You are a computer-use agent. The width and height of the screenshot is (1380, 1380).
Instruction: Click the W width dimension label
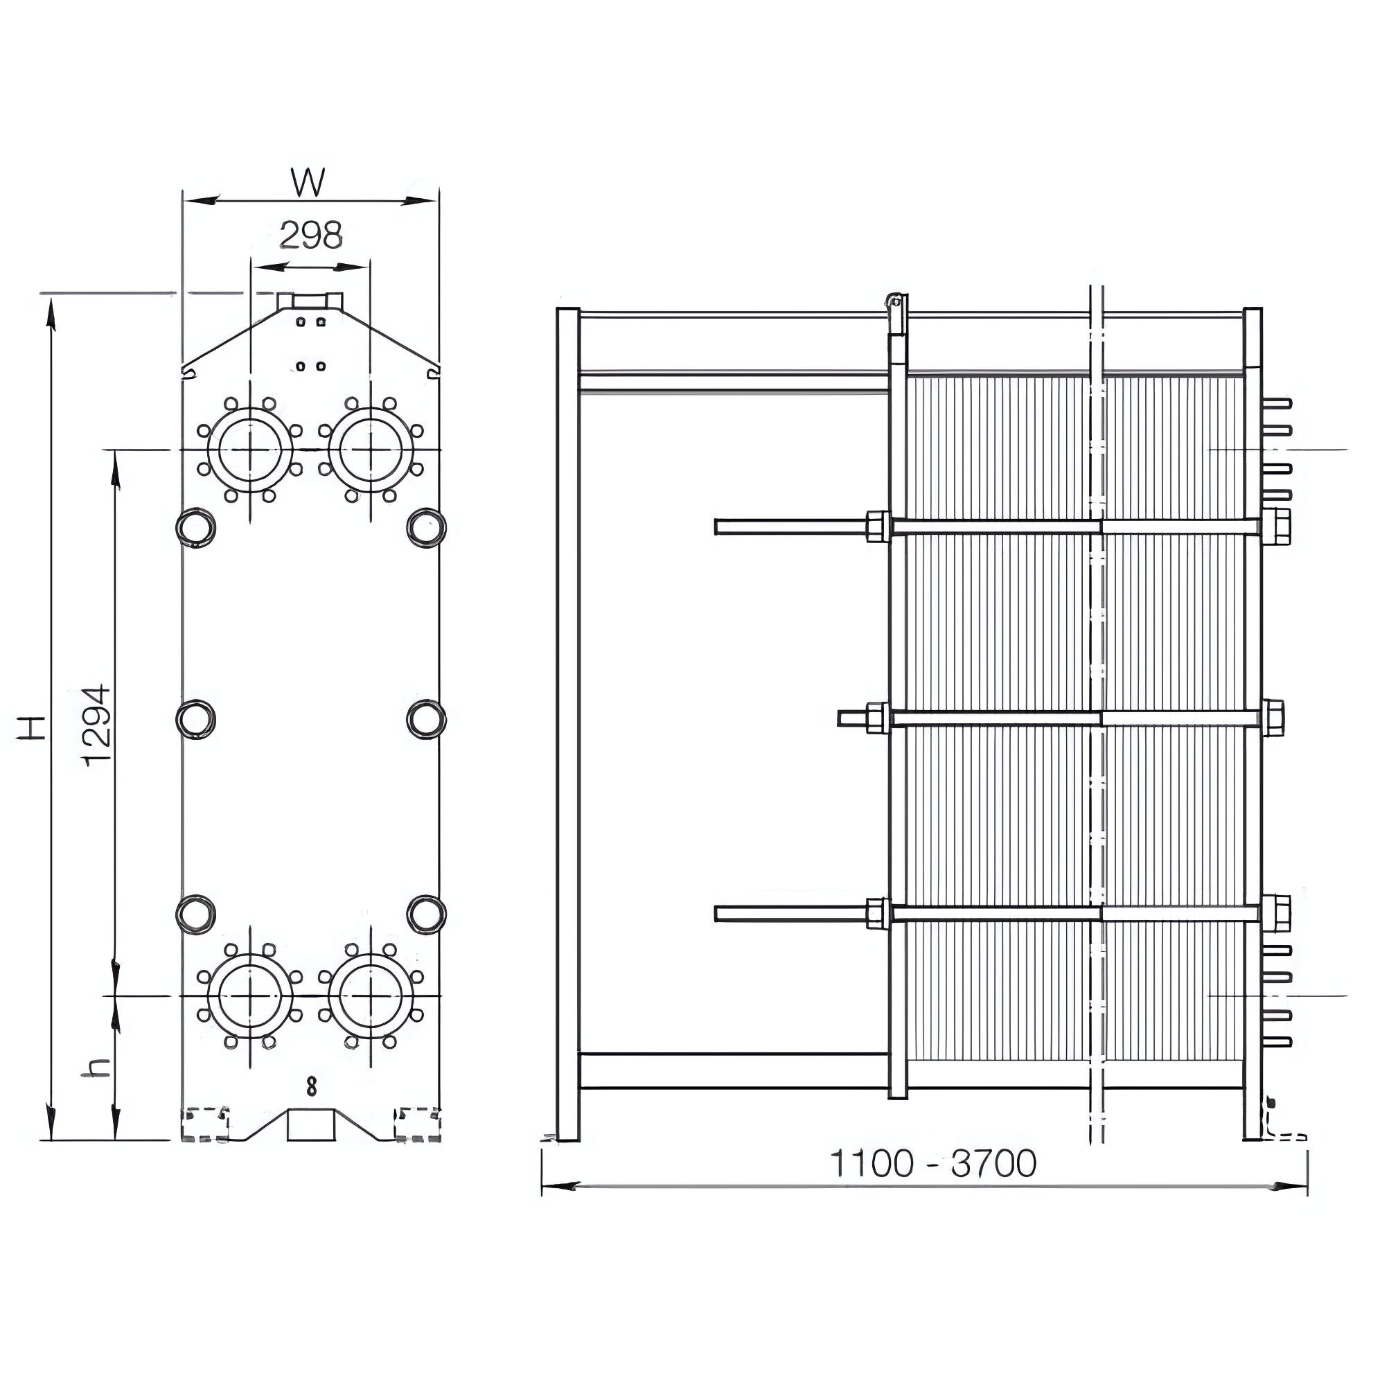308,182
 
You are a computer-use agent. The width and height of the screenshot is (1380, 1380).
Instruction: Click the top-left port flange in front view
250,450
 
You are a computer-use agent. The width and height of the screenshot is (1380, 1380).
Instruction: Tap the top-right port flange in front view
371,450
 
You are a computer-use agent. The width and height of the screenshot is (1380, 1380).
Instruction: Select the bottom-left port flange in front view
250,996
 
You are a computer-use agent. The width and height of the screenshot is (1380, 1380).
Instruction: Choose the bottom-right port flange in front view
371,996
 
